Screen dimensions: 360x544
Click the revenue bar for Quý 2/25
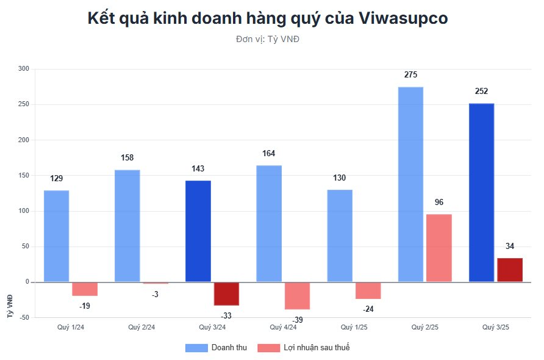point(410,184)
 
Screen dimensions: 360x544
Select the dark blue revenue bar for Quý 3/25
point(481,193)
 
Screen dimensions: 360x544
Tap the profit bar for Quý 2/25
point(439,248)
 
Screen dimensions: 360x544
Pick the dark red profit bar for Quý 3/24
point(226,293)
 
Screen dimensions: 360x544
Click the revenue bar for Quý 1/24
point(56,236)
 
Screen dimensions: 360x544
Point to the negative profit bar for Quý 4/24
point(297,295)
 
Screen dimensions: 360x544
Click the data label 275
point(410,75)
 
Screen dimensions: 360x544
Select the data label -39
point(297,320)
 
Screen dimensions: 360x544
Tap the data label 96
point(439,203)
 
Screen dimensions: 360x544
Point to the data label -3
point(156,294)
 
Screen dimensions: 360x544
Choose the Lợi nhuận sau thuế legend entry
point(304,348)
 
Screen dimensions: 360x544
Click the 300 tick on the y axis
point(24,69)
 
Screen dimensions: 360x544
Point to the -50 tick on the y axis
point(24,317)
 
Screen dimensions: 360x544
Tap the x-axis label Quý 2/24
point(141,328)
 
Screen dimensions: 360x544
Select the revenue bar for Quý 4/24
point(269,223)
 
